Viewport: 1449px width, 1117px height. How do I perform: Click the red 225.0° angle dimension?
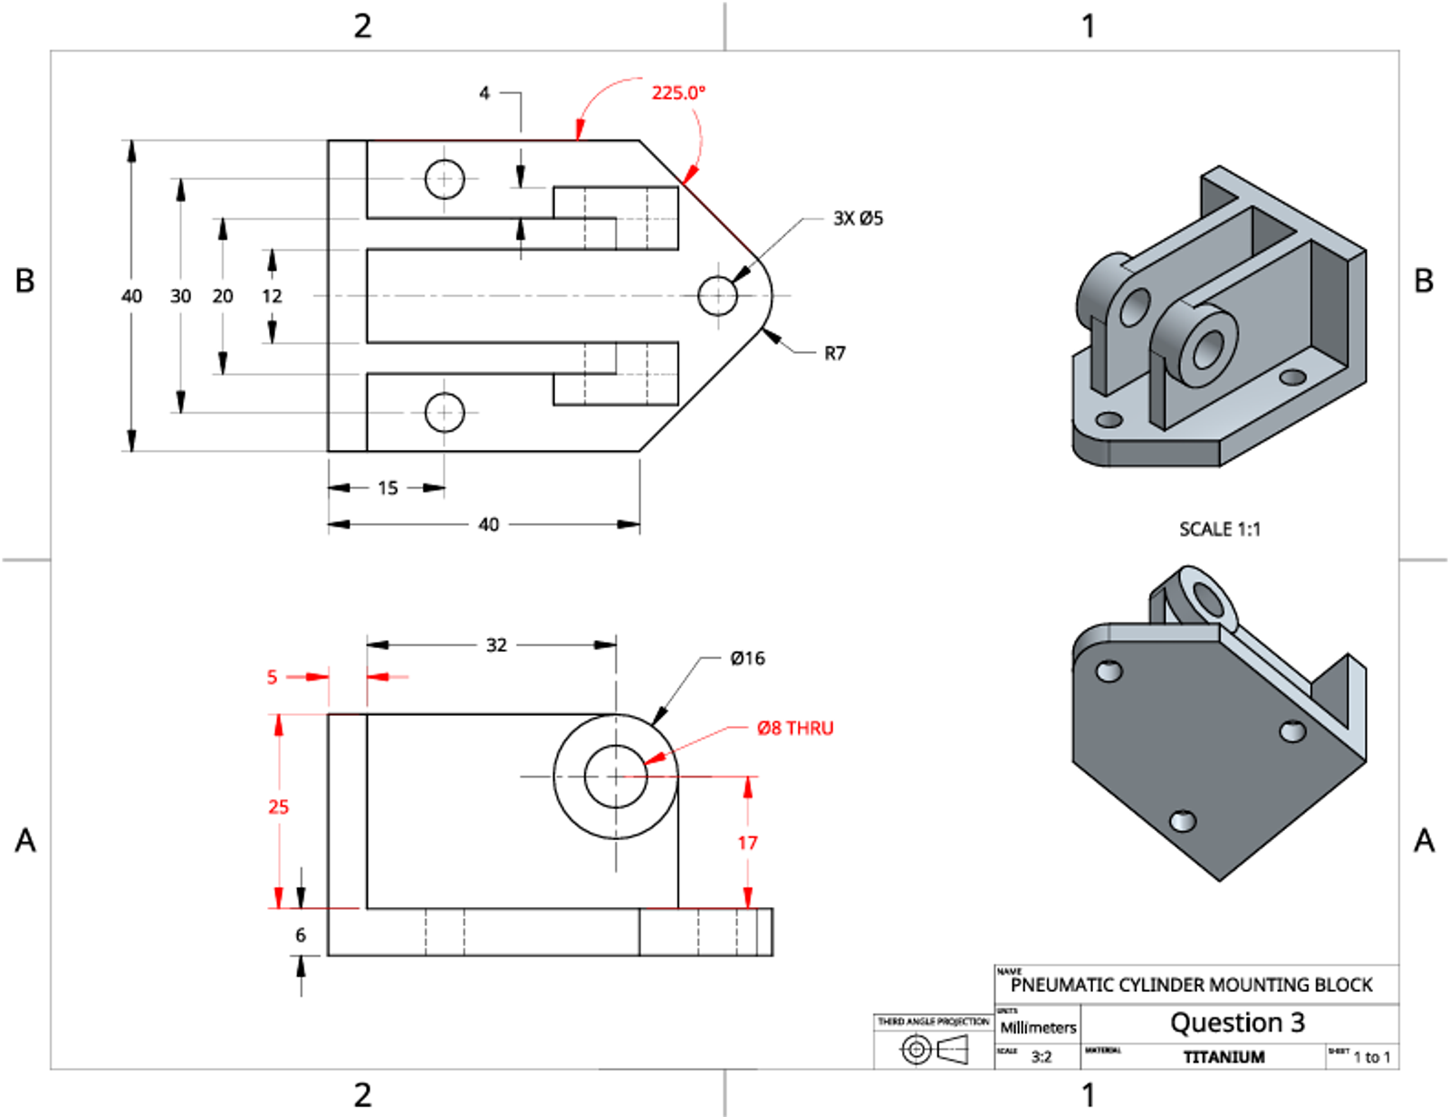coord(678,92)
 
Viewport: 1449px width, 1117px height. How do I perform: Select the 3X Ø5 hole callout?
coord(857,218)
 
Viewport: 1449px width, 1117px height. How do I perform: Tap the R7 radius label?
coord(834,353)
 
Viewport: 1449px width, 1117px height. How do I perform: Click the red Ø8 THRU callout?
coord(795,728)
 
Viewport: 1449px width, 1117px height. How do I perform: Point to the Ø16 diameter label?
coord(747,658)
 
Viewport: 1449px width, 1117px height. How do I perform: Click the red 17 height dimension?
coord(747,843)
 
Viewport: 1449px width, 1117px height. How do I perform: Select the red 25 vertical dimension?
coord(278,807)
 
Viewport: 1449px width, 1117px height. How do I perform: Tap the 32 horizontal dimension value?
coord(496,644)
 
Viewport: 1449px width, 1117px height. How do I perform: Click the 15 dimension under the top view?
coord(388,488)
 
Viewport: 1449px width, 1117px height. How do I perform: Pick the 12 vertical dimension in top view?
coord(272,296)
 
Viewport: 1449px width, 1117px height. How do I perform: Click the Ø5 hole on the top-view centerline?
coord(717,295)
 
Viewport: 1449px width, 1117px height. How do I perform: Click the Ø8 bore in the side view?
coord(616,776)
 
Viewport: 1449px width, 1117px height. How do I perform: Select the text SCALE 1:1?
coord(1219,529)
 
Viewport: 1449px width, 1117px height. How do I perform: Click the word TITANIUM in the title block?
coord(1223,1056)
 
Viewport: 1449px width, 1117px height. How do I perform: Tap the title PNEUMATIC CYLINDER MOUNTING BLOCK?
coord(1191,984)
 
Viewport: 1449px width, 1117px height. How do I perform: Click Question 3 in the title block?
coord(1237,1023)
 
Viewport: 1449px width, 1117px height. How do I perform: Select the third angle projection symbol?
coord(934,1049)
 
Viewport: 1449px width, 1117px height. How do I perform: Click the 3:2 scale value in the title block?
coord(1041,1056)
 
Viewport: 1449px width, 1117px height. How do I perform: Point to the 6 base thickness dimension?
coord(301,935)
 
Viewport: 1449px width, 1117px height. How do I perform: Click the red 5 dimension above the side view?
coord(272,676)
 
